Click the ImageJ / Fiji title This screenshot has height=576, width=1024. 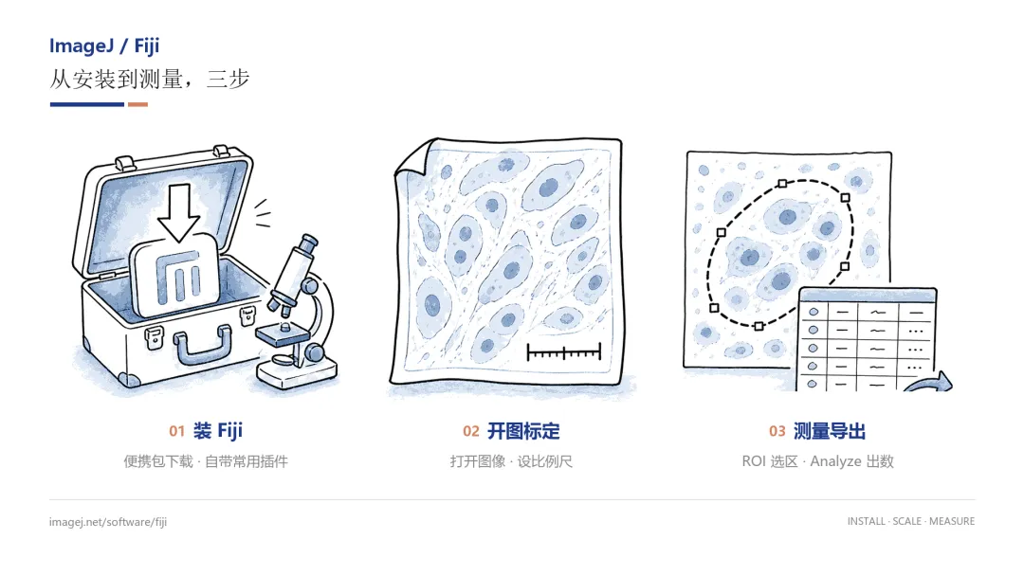104,46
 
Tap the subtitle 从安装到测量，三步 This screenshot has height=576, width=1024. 150,79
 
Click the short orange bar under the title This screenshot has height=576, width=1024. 137,104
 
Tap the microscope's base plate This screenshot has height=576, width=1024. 297,374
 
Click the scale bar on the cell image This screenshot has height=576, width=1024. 563,353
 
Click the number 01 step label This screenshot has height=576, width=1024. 176,431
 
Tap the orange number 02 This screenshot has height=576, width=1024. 471,431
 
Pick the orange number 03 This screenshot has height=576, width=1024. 777,431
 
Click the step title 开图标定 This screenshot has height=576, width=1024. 523,431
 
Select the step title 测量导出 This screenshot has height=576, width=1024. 830,431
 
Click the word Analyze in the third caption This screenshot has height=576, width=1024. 836,462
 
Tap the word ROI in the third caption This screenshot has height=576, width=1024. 754,462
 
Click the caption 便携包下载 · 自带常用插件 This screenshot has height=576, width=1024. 206,462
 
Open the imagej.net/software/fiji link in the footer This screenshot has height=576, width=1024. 108,522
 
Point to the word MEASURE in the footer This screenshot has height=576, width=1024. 952,521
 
